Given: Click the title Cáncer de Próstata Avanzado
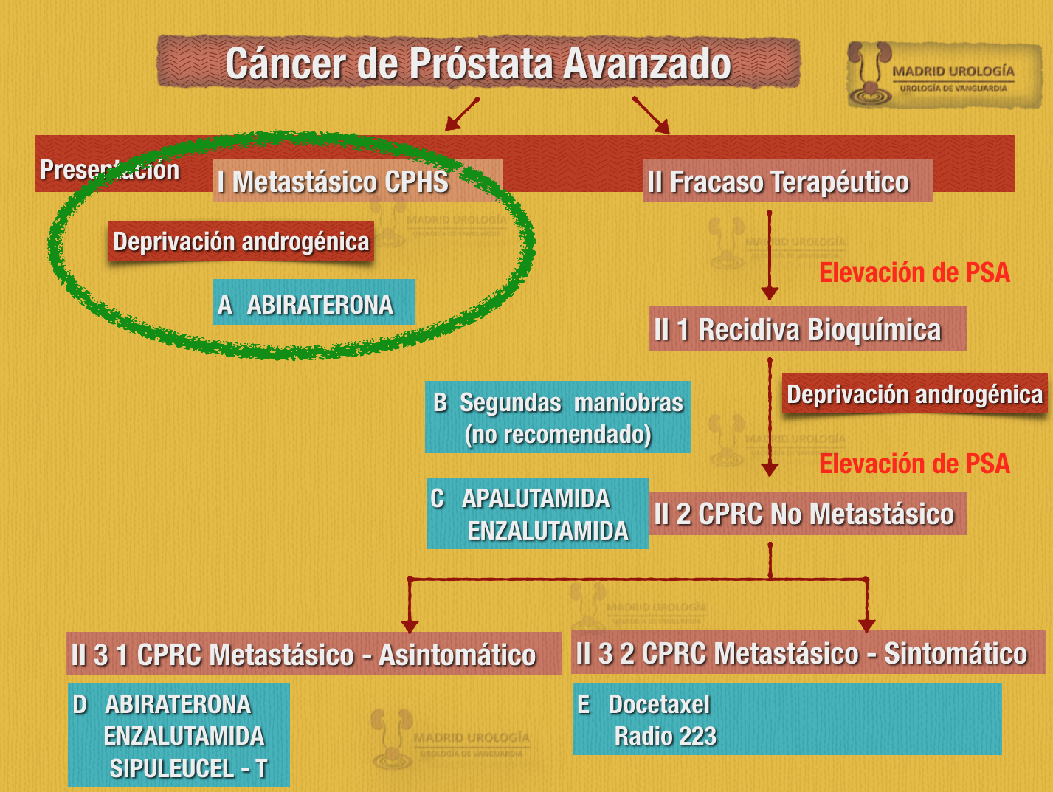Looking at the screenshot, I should tap(478, 63).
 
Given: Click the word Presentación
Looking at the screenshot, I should tap(109, 170).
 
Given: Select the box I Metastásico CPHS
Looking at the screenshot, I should tap(359, 181).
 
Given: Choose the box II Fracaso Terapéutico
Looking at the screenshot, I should tap(787, 182).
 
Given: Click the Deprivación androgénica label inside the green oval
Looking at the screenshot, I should tap(241, 242).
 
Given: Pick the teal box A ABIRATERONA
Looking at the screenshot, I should tap(314, 303).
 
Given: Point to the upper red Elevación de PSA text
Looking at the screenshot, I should tap(914, 272).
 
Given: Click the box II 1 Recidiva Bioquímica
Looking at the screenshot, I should tap(807, 329).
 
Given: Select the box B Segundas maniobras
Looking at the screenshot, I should tap(558, 417).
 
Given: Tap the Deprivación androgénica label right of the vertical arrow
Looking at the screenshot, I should tap(914, 394).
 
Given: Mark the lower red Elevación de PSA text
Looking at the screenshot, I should tap(914, 464).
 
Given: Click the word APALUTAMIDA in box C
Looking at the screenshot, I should tap(536, 498).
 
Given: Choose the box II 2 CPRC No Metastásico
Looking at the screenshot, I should tap(807, 514).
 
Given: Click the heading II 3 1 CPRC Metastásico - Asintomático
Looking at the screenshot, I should tap(314, 654).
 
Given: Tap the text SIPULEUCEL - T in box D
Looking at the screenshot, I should tap(188, 768).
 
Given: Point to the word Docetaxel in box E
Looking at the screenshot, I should tap(659, 704).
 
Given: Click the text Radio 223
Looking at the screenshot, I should tap(665, 736).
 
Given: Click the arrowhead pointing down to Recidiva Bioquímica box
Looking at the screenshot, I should tap(770, 293).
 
